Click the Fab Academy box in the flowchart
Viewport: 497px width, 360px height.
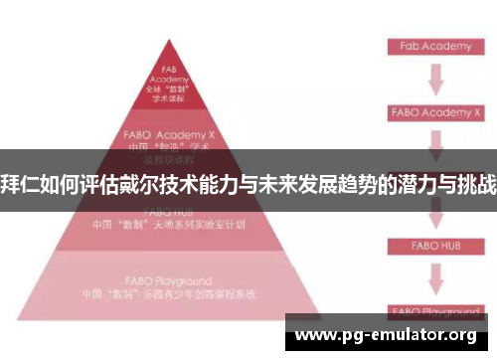click(435, 46)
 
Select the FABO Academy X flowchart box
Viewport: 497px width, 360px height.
click(435, 112)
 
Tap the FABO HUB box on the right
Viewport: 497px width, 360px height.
click(435, 245)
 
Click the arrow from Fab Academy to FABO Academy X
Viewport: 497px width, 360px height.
click(435, 79)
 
